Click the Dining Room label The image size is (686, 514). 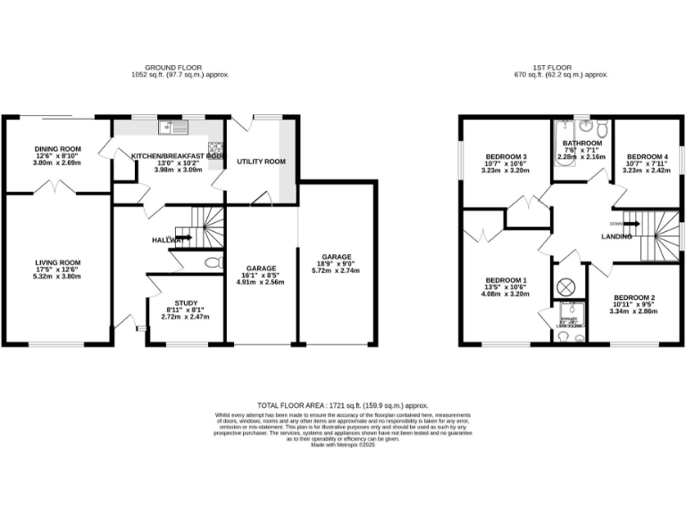[x=58, y=148]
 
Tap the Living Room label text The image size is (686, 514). [x=58, y=263]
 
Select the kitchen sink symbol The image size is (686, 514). [x=169, y=128]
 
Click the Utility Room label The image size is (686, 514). [x=261, y=162]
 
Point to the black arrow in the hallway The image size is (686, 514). [x=183, y=239]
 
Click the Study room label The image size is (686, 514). [x=187, y=303]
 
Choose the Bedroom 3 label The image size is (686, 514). [x=506, y=157]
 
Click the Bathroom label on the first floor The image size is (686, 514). [x=581, y=143]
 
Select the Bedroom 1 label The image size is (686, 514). [x=505, y=280]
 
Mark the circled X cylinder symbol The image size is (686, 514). [x=565, y=287]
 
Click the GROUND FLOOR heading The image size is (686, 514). [x=173, y=67]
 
